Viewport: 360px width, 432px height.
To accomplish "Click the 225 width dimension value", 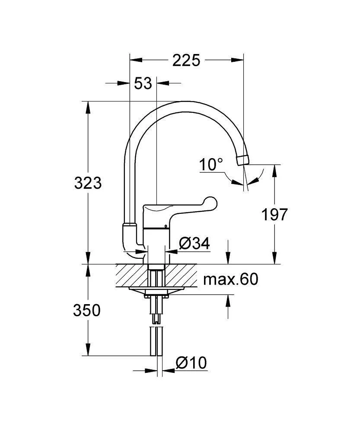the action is pos(186,60).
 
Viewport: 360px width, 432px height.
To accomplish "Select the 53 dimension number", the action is pos(143,83).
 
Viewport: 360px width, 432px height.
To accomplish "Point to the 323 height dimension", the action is pos(88,183).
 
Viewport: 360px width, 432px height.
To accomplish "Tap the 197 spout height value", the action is pos(274,215).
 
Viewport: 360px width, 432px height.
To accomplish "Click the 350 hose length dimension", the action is pos(87,311).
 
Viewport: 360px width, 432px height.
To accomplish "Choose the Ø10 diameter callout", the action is pos(191,363).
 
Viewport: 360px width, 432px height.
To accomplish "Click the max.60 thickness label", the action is pos(231,280).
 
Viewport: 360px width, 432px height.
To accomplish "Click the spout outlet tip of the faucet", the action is pos(243,160).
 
